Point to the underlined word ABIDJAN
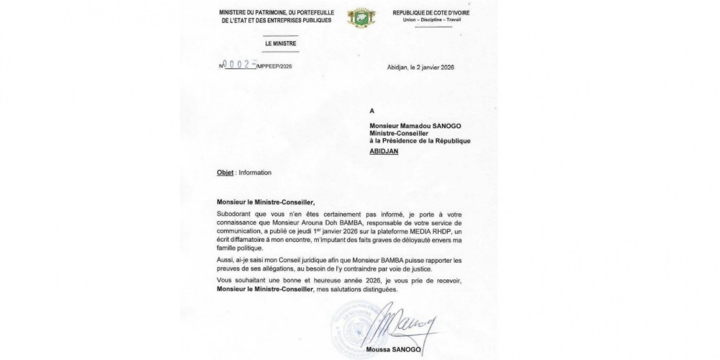click(384, 152)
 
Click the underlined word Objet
click(226, 173)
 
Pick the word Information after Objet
click(255, 173)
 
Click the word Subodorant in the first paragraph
click(236, 215)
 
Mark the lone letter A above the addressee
click(372, 112)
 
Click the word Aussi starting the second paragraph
click(225, 258)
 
